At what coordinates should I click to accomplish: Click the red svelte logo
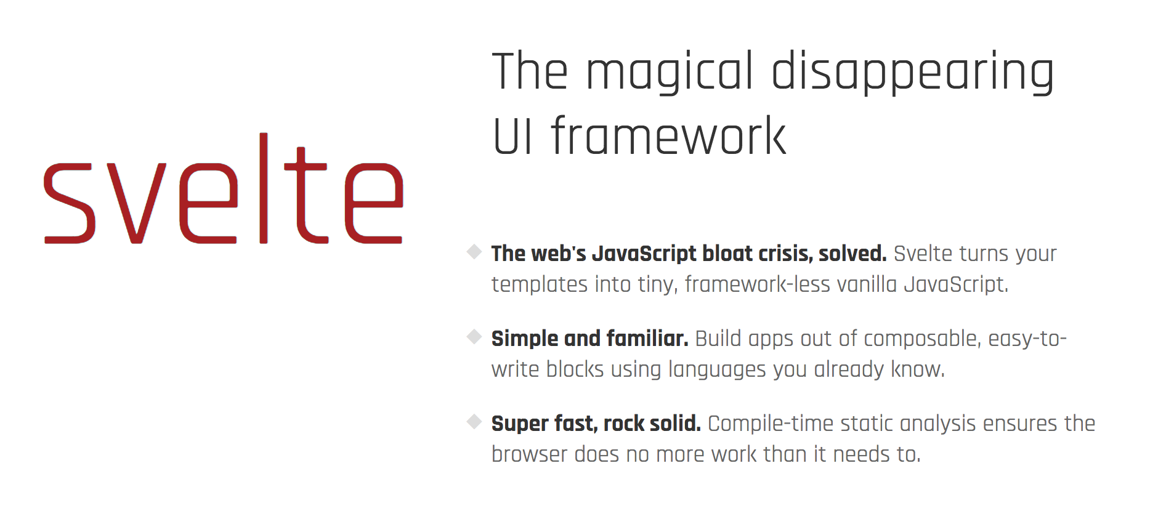[224, 188]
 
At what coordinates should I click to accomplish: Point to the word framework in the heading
[669, 135]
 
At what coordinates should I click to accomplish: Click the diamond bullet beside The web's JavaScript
[474, 252]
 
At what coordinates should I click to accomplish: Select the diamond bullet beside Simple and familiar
[474, 337]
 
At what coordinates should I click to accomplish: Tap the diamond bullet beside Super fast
[474, 422]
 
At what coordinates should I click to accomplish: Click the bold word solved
[852, 254]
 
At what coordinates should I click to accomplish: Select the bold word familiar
[647, 339]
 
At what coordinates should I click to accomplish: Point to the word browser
[529, 454]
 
